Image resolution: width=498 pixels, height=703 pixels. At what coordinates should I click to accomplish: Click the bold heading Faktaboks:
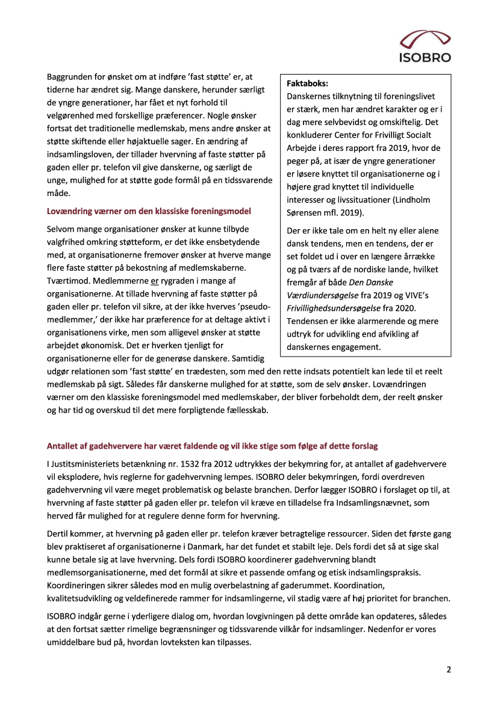(308, 85)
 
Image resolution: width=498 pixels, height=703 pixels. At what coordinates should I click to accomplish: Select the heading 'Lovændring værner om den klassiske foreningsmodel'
(149, 211)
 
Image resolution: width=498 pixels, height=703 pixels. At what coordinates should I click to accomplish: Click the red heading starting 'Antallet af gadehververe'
(212, 446)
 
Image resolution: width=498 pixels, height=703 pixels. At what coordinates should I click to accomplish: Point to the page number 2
(449, 669)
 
